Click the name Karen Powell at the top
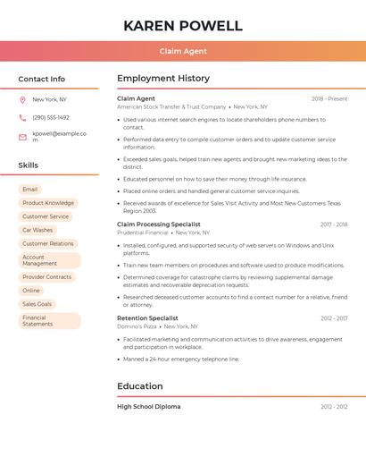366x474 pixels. click(x=183, y=25)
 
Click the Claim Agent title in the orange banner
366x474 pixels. click(x=183, y=52)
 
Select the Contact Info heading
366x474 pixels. click(x=42, y=79)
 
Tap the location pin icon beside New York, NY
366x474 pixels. click(x=22, y=99)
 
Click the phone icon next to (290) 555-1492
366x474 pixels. click(x=22, y=117)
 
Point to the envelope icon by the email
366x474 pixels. click(x=22, y=137)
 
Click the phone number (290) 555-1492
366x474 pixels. click(x=51, y=117)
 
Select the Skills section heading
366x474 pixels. click(x=29, y=165)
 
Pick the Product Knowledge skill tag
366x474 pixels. click(x=48, y=203)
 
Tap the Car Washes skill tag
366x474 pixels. click(x=37, y=230)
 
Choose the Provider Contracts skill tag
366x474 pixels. click(x=46, y=277)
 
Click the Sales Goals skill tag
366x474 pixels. click(x=37, y=304)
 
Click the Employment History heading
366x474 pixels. click(x=163, y=79)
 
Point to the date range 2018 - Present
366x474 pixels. click(x=329, y=98)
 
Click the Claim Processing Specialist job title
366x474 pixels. click(x=159, y=224)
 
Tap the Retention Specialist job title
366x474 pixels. click(x=147, y=318)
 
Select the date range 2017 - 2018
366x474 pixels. click(x=334, y=224)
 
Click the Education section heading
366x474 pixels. click(x=140, y=386)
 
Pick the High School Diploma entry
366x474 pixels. click(x=149, y=407)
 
